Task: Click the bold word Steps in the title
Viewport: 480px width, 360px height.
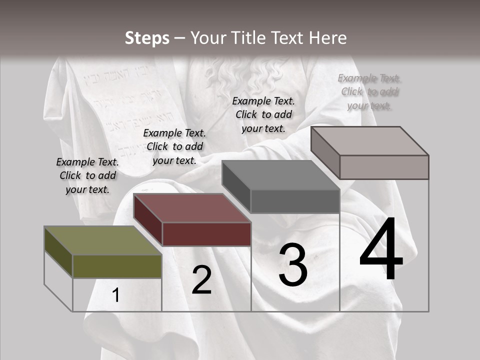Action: tap(147, 38)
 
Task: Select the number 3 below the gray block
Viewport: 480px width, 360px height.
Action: tap(292, 265)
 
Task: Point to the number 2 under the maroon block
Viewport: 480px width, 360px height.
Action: tap(201, 280)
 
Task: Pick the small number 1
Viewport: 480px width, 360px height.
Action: tap(115, 295)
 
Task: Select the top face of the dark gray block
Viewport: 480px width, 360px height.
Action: tap(280, 175)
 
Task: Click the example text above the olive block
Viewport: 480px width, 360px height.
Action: tap(87, 175)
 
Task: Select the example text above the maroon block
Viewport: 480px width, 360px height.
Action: tap(174, 146)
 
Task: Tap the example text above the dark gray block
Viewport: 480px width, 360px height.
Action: tap(263, 114)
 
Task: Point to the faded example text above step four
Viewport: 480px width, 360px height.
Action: tap(369, 91)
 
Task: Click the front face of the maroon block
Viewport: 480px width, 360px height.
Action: tap(206, 234)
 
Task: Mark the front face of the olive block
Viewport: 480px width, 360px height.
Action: tap(117, 266)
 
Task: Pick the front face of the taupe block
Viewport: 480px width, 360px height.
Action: tap(384, 167)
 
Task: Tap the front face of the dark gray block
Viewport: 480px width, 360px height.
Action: tap(295, 201)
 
